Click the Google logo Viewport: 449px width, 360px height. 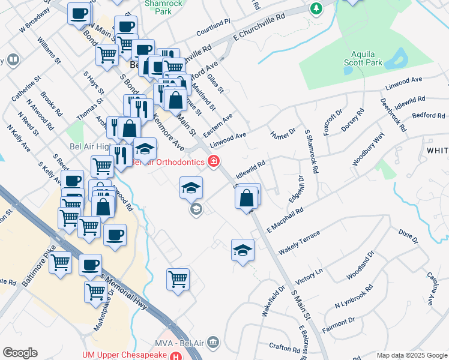[20, 353]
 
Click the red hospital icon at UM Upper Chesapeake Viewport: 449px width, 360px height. [175, 356]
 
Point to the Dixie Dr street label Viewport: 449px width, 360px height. [408, 235]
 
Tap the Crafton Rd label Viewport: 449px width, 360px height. [285, 347]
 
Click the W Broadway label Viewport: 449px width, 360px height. [35, 20]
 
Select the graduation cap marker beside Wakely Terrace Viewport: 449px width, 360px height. [243, 250]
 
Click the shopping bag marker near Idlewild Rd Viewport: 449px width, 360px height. [247, 197]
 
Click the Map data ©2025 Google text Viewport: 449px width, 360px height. [411, 355]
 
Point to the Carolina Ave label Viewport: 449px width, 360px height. [432, 288]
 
